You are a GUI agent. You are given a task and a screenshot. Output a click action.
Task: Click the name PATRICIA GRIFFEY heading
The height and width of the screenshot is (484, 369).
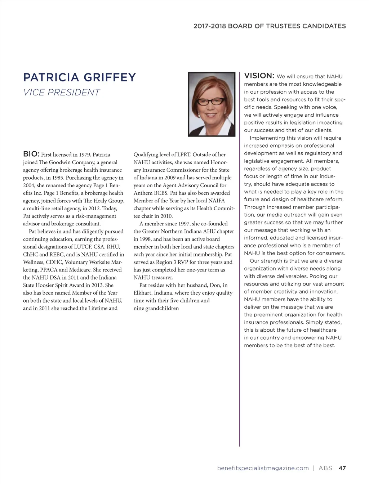coord(79,77)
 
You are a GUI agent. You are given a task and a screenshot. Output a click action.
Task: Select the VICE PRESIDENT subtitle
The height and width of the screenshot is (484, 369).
coord(61,93)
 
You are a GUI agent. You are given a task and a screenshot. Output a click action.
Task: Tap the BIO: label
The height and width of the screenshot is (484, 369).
coord(31,154)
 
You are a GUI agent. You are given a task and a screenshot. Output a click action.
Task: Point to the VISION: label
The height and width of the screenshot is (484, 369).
coord(259,76)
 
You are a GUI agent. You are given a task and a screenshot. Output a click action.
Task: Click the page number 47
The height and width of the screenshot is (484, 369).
coord(342,468)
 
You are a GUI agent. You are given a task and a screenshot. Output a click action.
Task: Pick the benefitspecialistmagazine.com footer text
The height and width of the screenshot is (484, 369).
coord(263,468)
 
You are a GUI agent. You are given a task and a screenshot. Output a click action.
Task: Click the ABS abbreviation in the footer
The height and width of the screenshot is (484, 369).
coord(325,468)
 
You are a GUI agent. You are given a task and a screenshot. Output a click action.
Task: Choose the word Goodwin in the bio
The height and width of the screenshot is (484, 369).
coord(59,162)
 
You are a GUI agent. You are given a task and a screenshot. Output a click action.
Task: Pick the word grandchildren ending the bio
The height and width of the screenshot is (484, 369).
coord(162,308)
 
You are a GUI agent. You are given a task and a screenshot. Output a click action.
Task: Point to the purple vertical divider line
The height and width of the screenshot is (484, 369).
coord(240,259)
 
